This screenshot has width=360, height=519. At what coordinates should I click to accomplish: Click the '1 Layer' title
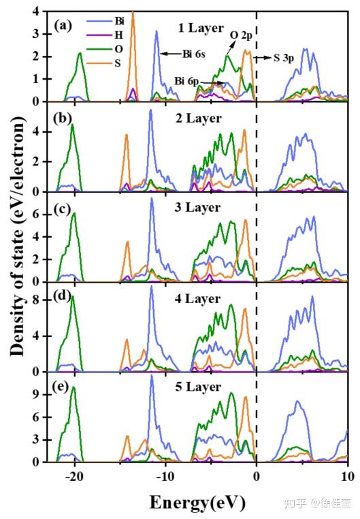tap(200, 28)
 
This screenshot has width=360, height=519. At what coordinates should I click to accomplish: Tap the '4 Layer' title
tap(197, 299)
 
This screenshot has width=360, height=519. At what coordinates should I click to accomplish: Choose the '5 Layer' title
tap(197, 387)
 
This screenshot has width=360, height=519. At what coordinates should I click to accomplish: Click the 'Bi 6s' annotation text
tap(197, 52)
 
